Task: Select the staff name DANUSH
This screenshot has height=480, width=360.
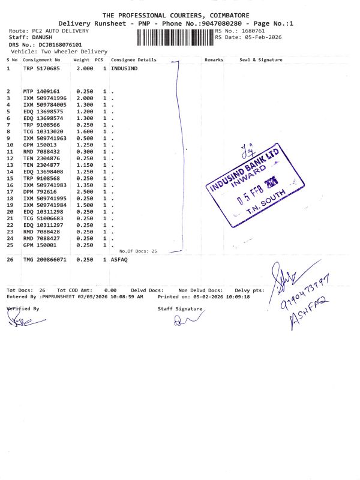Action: click(x=43, y=37)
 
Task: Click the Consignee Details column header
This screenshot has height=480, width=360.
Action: click(x=134, y=60)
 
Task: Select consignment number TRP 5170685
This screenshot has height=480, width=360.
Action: click(x=41, y=69)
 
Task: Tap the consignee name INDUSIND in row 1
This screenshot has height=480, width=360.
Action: click(x=124, y=69)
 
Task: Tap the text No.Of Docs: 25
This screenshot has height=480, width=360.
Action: click(x=138, y=251)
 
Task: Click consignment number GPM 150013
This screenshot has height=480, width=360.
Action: click(x=37, y=145)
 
